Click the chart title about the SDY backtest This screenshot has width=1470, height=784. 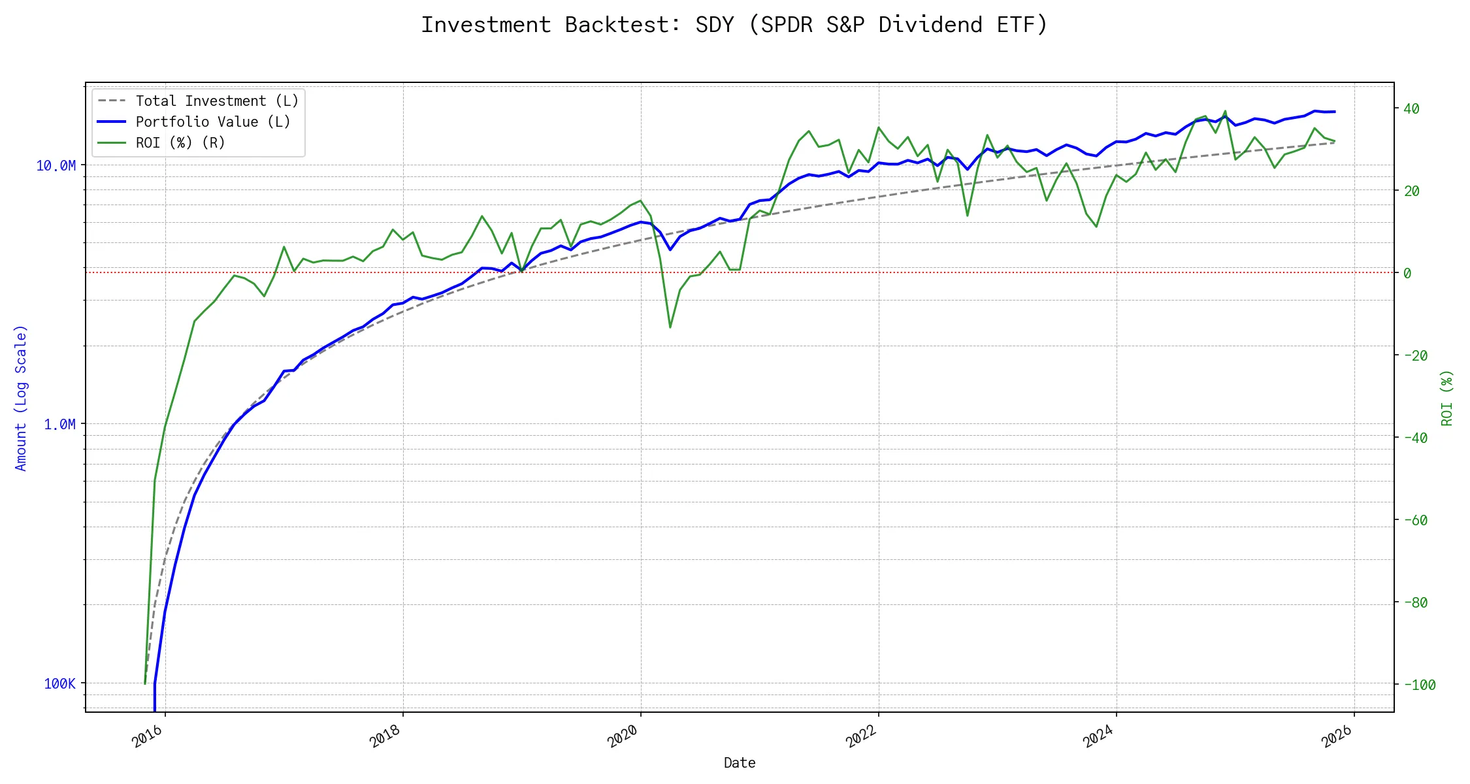734,25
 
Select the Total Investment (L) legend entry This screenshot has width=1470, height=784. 216,101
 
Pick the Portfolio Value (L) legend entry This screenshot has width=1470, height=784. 212,122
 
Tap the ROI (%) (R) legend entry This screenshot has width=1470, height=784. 180,143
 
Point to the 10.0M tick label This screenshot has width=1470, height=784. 56,166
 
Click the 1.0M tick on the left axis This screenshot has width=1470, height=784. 59,425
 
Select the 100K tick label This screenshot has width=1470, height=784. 59,684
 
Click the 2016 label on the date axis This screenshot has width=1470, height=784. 148,736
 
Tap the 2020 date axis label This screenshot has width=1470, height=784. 623,736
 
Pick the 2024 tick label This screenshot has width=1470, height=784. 1098,736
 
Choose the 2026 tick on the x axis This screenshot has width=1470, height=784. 1337,736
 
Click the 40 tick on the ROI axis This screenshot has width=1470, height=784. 1411,109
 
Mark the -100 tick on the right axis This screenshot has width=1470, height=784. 1419,685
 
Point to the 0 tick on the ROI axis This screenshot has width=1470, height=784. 1407,274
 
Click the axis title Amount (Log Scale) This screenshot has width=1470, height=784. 21,398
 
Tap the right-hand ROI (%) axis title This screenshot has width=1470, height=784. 1447,398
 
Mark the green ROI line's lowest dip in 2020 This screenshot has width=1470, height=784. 670,327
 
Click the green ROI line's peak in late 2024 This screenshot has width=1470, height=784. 1225,111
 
